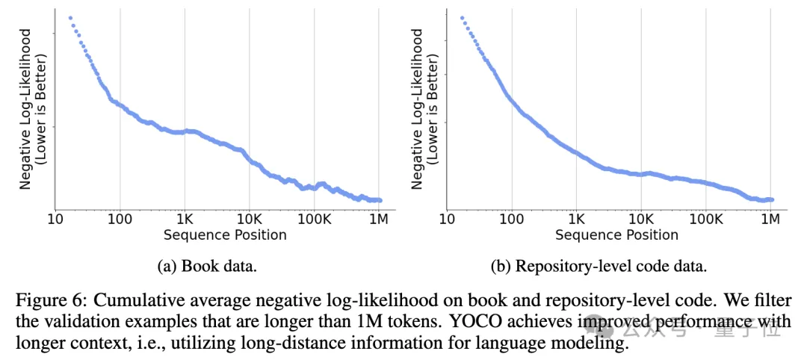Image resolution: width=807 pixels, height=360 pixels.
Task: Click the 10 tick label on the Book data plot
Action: pos(55,220)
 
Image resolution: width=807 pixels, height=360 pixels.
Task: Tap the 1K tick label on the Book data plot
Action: pos(185,220)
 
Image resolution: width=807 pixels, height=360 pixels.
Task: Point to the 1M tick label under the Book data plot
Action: pos(380,220)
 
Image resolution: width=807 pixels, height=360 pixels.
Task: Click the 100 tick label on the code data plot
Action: pos(512,220)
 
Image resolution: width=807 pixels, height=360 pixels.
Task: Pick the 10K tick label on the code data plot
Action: pos(641,220)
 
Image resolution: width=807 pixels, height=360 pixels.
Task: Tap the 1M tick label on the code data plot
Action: pos(771,220)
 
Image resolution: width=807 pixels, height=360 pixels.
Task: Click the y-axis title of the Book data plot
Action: pos(33,108)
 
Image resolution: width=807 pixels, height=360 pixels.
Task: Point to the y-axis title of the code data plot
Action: pos(425,108)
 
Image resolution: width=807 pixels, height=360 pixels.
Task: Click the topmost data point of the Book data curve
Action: pos(70,17)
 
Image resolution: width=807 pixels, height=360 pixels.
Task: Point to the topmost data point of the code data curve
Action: pos(462,17)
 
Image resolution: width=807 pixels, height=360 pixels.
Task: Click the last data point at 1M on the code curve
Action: pos(772,199)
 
